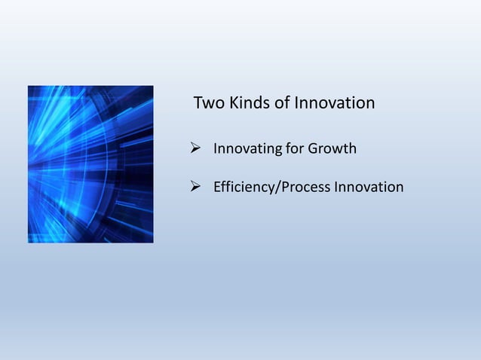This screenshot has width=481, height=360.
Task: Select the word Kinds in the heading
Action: coord(249,103)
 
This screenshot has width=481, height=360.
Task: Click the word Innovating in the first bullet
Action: coord(247,148)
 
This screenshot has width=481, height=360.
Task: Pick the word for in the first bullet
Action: coord(294,148)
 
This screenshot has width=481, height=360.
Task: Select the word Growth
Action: coord(332,148)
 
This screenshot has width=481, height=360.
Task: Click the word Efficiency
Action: coord(246,187)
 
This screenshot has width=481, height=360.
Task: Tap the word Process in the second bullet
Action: coord(305,187)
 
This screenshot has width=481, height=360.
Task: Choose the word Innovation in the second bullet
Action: coord(369,187)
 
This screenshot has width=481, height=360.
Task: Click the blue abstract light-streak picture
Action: coord(90,164)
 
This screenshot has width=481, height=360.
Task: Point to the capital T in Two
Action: coord(199,103)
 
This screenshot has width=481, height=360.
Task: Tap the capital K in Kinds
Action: coord(234,103)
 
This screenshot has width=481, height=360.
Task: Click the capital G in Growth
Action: coord(313,148)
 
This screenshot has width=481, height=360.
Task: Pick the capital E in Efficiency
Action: coord(217,187)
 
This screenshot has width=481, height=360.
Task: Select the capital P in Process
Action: coord(287,187)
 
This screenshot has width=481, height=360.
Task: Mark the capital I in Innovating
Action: coord(216,148)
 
